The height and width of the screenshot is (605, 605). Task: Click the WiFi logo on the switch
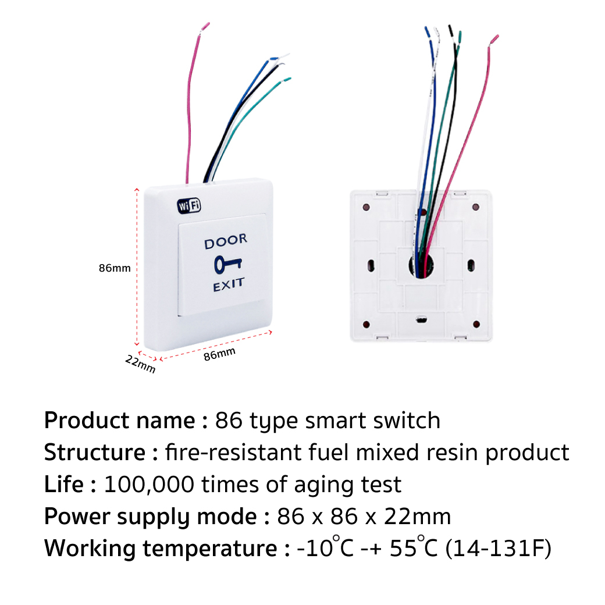point(189,205)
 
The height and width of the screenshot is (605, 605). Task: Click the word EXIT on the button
point(229,286)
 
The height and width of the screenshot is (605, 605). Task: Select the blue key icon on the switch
point(227,264)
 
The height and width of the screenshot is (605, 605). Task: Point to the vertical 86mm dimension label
point(115,269)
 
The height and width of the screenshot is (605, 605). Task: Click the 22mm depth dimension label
point(140,365)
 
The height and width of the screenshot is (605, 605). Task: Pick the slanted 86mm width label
point(220,354)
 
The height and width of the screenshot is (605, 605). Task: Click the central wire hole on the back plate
point(420,265)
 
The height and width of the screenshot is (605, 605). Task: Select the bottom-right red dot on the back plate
point(476,324)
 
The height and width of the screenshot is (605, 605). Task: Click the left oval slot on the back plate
point(371,266)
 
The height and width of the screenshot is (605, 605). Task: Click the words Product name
point(120,420)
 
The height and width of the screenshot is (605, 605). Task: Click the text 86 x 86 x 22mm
point(364,516)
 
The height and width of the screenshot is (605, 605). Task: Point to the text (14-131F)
point(498,548)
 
